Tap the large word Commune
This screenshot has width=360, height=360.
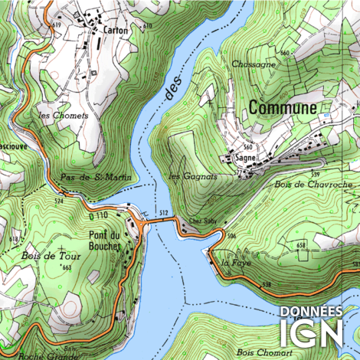(282, 109)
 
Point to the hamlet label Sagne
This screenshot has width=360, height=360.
(245, 159)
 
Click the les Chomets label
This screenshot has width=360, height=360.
(64, 116)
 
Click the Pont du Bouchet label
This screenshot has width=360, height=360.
(105, 241)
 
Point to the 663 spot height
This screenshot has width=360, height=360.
(67, 267)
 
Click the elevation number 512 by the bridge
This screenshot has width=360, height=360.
(162, 211)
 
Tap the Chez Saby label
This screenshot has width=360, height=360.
(199, 224)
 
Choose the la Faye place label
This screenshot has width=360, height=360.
(231, 263)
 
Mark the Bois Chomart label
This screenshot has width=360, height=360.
(259, 352)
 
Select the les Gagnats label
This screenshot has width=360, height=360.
(192, 176)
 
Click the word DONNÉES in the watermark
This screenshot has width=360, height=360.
(311, 312)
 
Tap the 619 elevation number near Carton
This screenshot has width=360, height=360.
(56, 25)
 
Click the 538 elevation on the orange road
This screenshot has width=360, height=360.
(267, 285)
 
